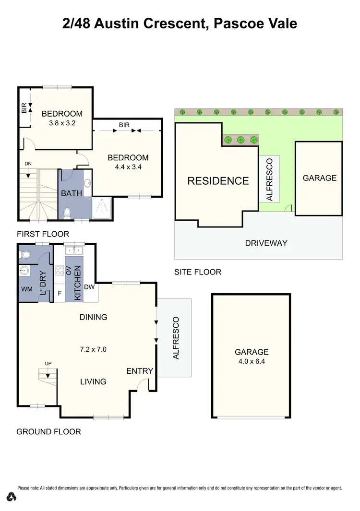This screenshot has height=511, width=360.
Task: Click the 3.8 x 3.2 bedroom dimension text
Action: coord(62,123)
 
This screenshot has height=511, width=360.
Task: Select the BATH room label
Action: coord(71,194)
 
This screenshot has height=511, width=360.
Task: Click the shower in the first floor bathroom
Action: coord(101,207)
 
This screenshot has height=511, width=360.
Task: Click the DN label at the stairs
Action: coord(28,164)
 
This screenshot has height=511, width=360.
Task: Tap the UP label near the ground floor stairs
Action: coord(48,363)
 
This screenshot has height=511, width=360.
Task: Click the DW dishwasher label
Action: coord(89,287)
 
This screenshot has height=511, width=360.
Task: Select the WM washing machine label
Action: coord(26,290)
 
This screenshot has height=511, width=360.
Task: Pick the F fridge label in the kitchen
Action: coord(60,292)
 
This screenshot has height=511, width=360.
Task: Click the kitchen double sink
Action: coord(74,250)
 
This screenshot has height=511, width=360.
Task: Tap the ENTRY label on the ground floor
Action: coord(140,371)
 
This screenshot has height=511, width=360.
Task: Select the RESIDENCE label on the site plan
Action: coord(218,181)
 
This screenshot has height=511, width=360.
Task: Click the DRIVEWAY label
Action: coord(266,243)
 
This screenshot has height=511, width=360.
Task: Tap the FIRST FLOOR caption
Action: coord(43,234)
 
